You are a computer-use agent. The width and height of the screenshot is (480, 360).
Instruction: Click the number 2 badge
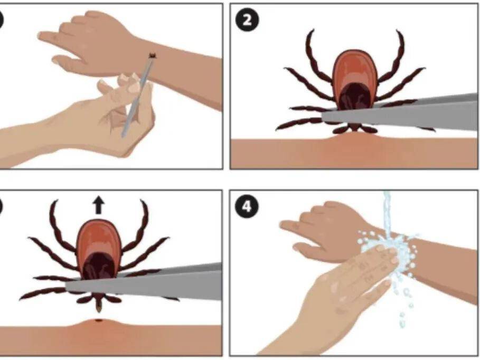(x=247, y=20)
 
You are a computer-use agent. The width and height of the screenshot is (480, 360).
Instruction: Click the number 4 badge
(x=247, y=207)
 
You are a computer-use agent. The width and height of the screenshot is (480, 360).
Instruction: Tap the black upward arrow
(x=99, y=205)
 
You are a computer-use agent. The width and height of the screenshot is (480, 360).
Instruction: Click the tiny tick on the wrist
(x=152, y=56)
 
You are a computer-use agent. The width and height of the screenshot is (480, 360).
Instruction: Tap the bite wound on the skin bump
(x=99, y=320)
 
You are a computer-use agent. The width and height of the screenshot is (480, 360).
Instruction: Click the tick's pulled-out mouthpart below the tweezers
(x=99, y=305)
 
